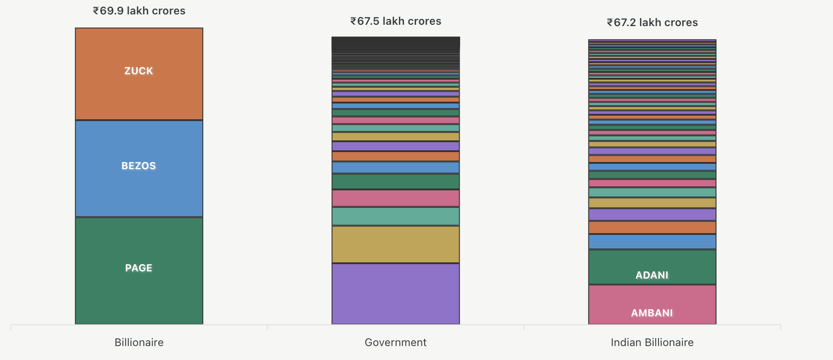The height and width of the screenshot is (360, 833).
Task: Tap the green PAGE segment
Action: click(139, 292)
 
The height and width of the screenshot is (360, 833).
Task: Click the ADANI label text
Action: click(652, 275)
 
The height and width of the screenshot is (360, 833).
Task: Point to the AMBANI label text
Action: click(652, 313)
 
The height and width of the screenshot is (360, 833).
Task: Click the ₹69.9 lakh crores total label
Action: click(139, 11)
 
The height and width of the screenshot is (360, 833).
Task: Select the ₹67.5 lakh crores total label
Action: click(395, 21)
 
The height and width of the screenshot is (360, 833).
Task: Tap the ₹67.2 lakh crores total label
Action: click(652, 22)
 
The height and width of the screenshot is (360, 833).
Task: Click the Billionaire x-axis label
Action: click(139, 342)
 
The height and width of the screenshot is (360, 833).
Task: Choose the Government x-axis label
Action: click(395, 342)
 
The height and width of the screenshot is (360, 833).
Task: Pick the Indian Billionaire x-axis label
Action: click(652, 342)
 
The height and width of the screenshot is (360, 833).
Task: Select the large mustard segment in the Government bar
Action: click(395, 244)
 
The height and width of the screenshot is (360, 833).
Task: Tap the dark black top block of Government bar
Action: click(395, 44)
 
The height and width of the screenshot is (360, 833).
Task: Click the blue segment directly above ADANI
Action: click(652, 242)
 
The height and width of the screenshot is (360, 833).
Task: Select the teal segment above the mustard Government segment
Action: click(395, 216)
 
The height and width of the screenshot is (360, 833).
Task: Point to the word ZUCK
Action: click(139, 71)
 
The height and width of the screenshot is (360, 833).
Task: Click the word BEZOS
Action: click(139, 166)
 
